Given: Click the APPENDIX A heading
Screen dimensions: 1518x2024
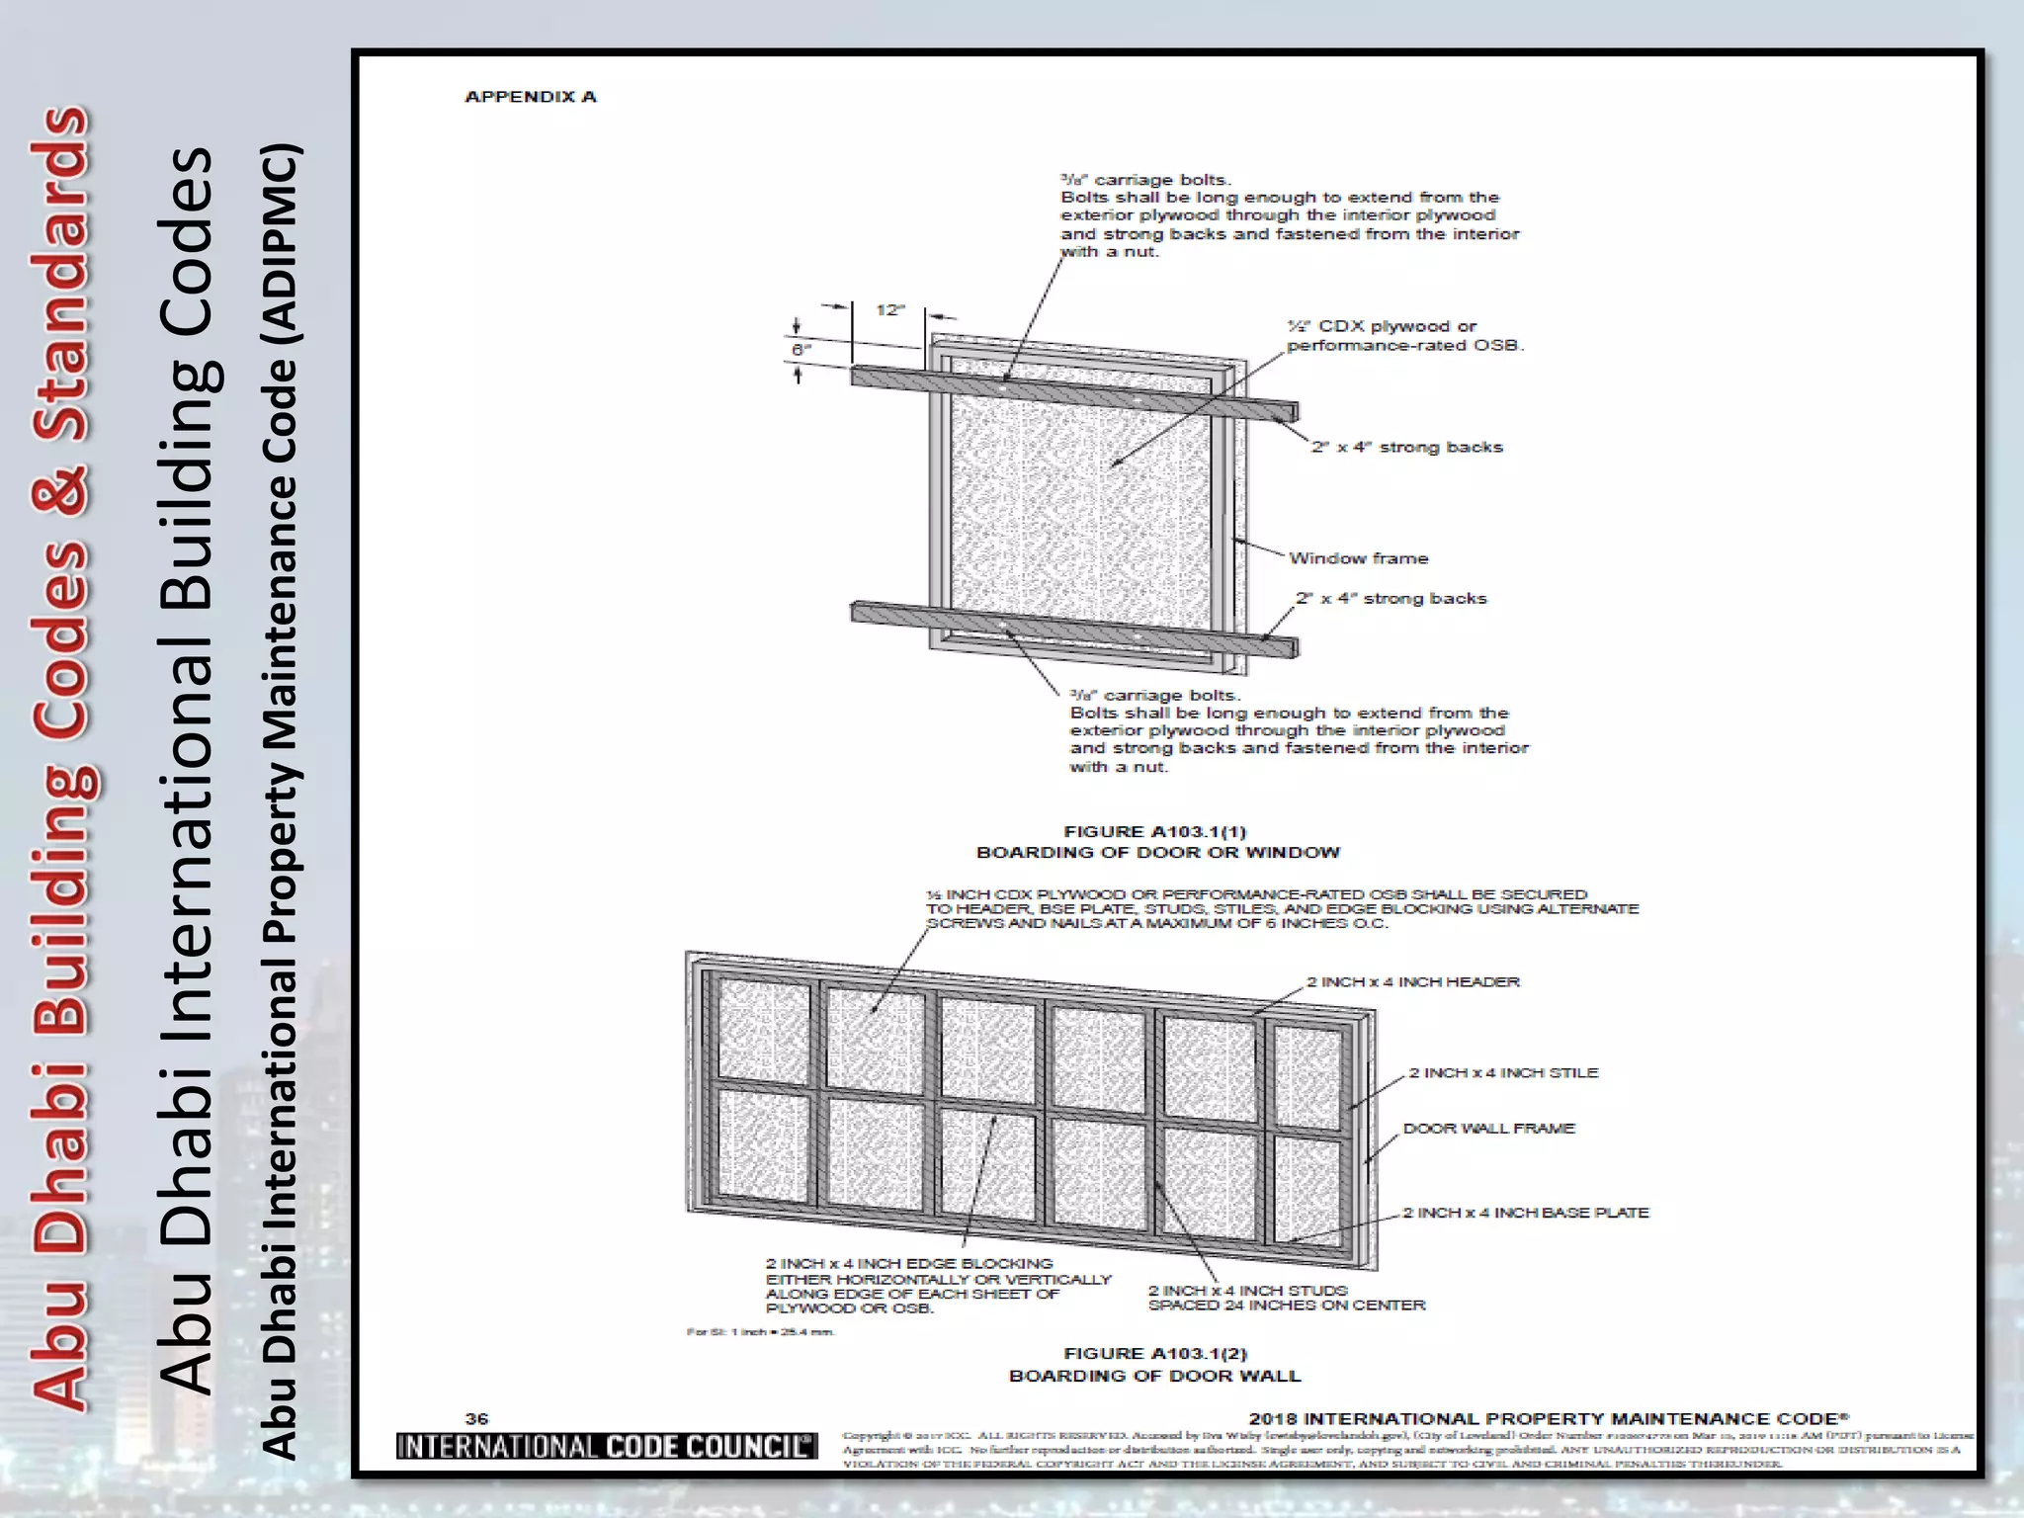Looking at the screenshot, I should (x=531, y=97).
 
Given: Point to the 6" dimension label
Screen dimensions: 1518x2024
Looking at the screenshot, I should (x=801, y=350).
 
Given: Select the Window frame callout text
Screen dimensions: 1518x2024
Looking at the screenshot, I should (x=1358, y=558).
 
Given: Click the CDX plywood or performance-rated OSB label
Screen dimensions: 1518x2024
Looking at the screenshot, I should (x=1403, y=336).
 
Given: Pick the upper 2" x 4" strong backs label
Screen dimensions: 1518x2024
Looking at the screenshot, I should (x=1406, y=447).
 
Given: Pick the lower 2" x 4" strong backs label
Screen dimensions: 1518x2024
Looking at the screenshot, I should (x=1391, y=598).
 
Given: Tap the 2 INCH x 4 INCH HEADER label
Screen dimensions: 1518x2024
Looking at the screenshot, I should (x=1412, y=981).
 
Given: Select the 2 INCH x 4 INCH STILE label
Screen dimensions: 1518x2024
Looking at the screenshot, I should (x=1502, y=1072).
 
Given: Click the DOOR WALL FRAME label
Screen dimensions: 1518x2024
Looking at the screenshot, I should (x=1488, y=1128).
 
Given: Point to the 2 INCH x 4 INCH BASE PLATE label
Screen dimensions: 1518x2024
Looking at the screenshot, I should (x=1525, y=1213).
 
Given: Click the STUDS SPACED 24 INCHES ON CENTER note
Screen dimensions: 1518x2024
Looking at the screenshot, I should (x=1286, y=1298).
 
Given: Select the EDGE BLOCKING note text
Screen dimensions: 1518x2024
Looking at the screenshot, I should (x=937, y=1286).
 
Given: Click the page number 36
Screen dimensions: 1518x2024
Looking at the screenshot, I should (x=476, y=1418).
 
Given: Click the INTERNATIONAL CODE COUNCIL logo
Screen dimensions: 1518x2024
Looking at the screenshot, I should (x=606, y=1446).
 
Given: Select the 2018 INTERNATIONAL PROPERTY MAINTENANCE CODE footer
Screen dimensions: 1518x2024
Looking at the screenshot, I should (x=1549, y=1418).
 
